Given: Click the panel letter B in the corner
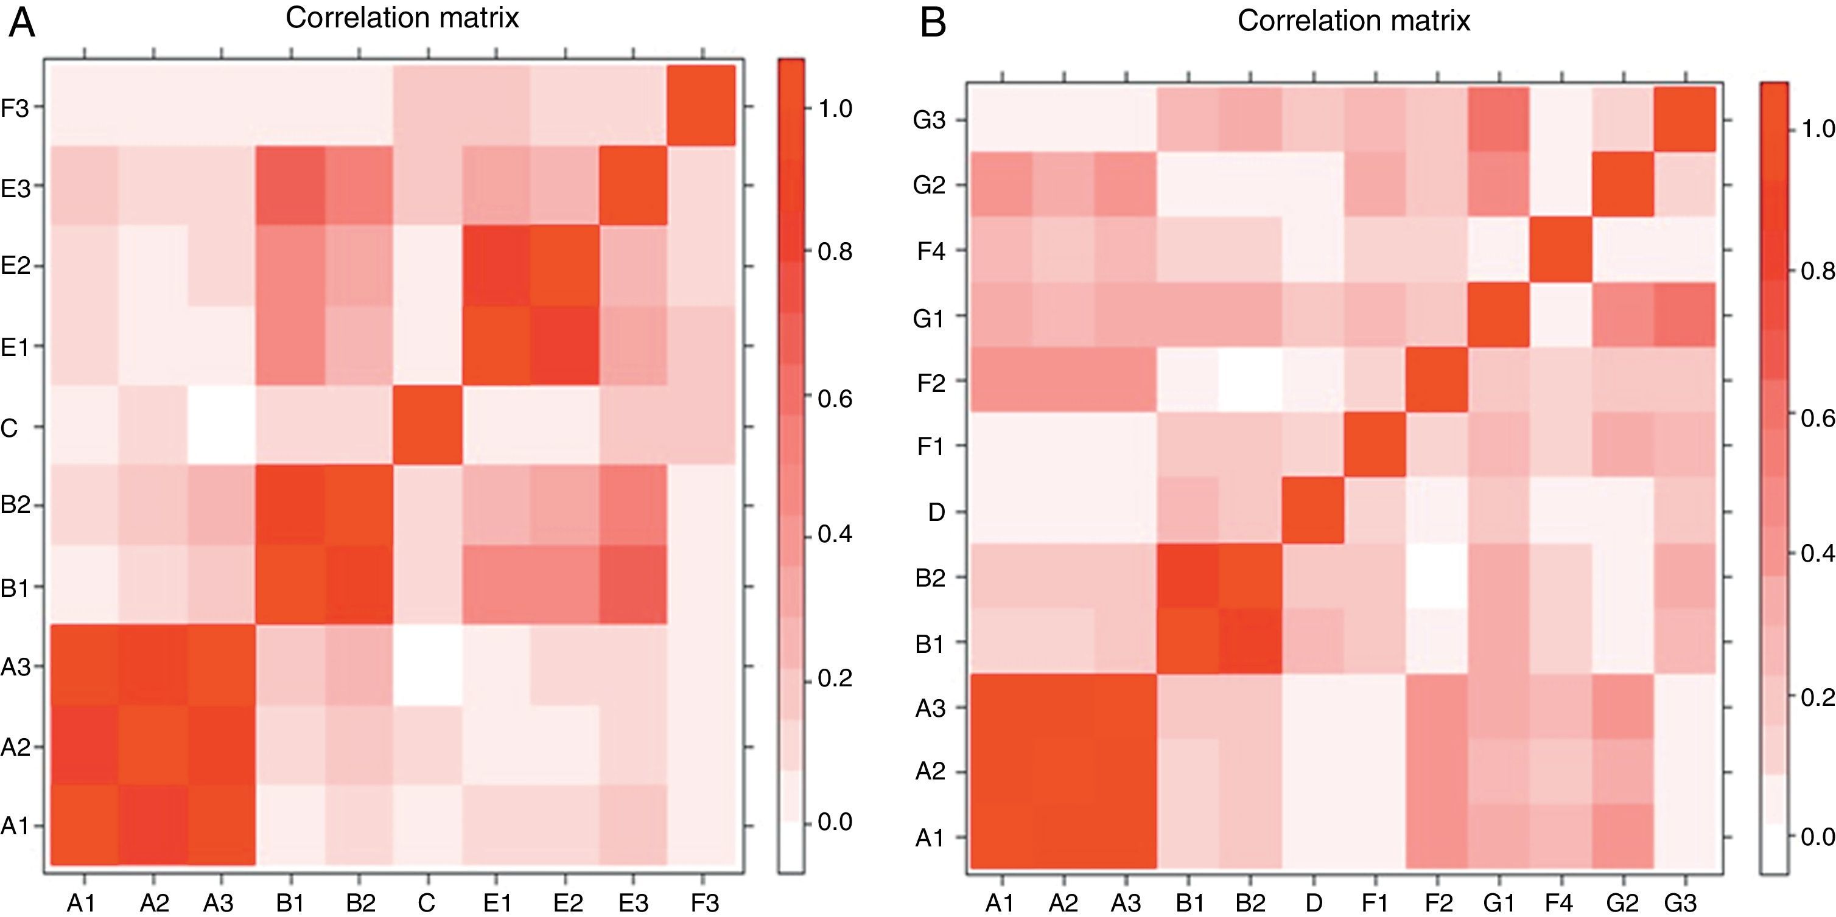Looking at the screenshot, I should click(x=933, y=24).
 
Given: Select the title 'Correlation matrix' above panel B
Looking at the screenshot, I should click(x=1353, y=21).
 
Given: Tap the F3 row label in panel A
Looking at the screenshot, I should click(x=15, y=108).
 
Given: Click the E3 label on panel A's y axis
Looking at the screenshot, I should click(x=15, y=187).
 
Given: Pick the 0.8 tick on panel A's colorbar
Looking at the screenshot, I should click(x=835, y=251).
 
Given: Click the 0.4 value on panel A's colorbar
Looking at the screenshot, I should click(x=835, y=534).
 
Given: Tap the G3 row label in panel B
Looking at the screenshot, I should click(x=930, y=120).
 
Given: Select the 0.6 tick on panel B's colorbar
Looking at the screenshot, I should click(x=1815, y=417).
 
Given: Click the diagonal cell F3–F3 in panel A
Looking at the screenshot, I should click(x=701, y=106).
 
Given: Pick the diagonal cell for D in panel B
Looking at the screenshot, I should click(x=1313, y=511).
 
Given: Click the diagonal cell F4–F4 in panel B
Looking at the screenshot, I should click(x=1560, y=251).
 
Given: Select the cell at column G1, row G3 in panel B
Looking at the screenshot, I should click(x=1498, y=120).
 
